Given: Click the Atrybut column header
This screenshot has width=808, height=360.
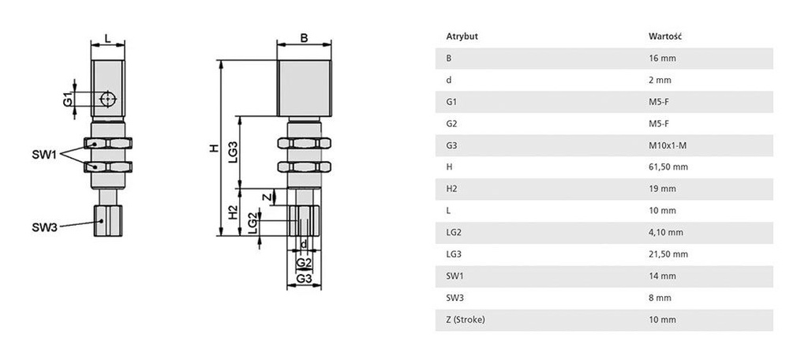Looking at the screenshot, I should (462, 36).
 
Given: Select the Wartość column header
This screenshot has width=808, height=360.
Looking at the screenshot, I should (664, 36).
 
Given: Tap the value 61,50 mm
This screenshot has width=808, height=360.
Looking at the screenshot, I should (668, 167).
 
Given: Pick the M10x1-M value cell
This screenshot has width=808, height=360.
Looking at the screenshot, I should (667, 145).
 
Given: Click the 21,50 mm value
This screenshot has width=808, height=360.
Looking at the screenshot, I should (668, 254).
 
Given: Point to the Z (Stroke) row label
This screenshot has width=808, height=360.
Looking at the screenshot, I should (466, 320).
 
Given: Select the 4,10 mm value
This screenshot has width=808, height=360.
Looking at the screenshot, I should (665, 232).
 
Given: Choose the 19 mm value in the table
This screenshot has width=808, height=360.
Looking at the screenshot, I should (662, 189).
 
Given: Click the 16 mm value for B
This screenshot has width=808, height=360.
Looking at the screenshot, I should (662, 58).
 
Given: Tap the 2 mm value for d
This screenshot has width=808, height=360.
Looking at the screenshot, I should (660, 80).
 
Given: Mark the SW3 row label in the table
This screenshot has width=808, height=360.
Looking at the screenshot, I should (454, 298).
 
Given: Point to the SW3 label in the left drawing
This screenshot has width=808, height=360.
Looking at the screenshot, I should (44, 227).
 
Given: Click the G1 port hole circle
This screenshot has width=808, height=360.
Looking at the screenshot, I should (108, 98).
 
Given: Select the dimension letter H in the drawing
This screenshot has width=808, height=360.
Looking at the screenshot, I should (211, 148).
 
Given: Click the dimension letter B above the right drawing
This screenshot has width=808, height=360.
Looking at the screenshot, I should (304, 38).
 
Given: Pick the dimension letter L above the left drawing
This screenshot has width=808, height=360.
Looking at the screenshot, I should (107, 38).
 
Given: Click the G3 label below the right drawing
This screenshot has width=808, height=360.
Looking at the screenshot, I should (304, 279).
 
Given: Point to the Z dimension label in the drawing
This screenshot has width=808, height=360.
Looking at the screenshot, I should (266, 197).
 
